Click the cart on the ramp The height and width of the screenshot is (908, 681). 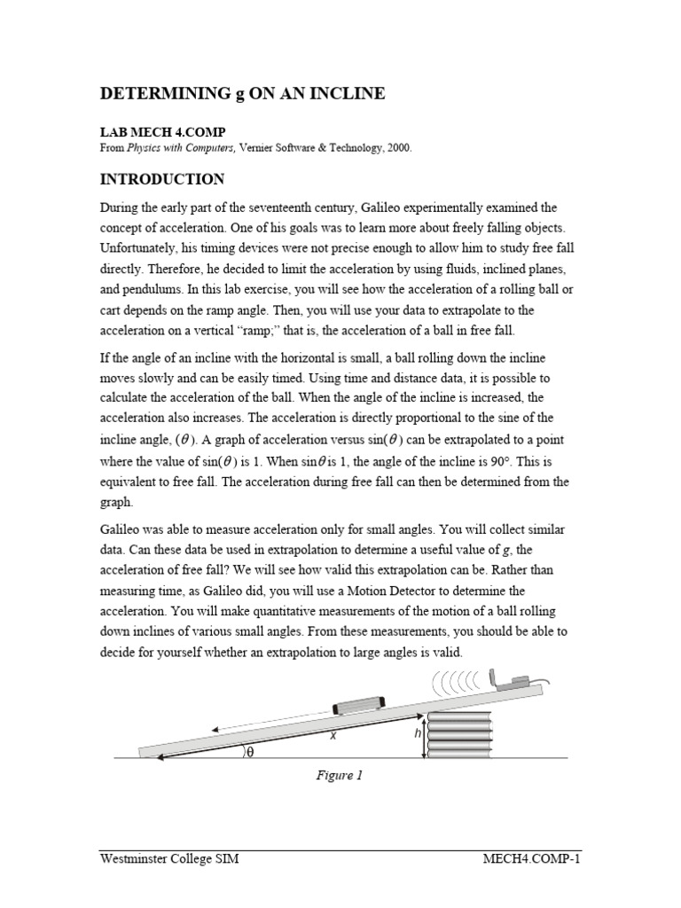[x=358, y=706]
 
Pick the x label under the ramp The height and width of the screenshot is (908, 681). [x=333, y=735]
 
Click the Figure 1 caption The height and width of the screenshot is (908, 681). [x=340, y=775]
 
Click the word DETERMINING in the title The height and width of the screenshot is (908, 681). [x=162, y=94]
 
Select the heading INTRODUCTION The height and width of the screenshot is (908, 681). [x=161, y=179]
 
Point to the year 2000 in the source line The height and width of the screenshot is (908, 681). [x=397, y=148]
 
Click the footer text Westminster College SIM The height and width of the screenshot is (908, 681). [x=168, y=859]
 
